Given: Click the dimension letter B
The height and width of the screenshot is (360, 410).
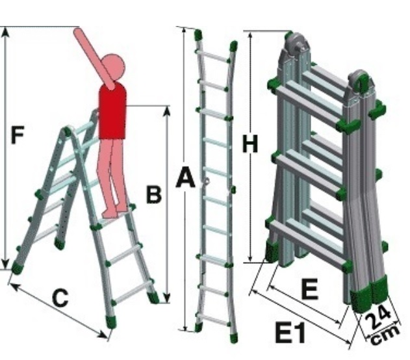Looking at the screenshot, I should tap(153, 194).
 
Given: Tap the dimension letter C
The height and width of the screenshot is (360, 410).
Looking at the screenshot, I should tap(59, 298).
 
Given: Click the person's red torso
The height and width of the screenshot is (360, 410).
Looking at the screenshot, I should tap(112, 111).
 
